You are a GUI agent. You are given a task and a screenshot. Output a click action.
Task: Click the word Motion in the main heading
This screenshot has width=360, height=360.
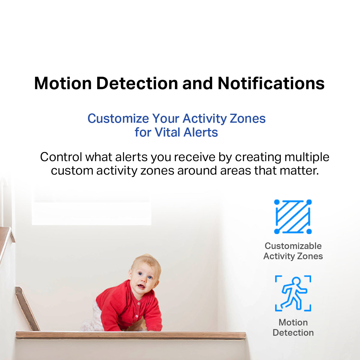(63, 83)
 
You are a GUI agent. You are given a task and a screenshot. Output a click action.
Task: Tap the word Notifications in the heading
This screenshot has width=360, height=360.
(271, 83)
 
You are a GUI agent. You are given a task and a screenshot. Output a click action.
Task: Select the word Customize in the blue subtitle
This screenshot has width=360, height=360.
(118, 118)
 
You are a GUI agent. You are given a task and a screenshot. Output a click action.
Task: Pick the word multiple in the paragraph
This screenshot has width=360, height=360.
(307, 157)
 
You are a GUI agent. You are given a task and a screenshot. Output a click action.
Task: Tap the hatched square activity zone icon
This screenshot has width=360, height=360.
(293, 217)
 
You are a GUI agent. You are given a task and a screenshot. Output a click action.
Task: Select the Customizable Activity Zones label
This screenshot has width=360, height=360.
(293, 251)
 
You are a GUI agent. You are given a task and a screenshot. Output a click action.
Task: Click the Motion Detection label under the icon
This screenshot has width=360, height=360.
(293, 328)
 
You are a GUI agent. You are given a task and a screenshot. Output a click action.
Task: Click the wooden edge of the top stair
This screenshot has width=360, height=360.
(131, 335)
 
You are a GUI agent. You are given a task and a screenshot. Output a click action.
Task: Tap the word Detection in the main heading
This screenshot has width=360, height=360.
(137, 83)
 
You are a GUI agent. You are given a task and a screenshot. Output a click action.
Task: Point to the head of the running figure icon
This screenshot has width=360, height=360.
(296, 281)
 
